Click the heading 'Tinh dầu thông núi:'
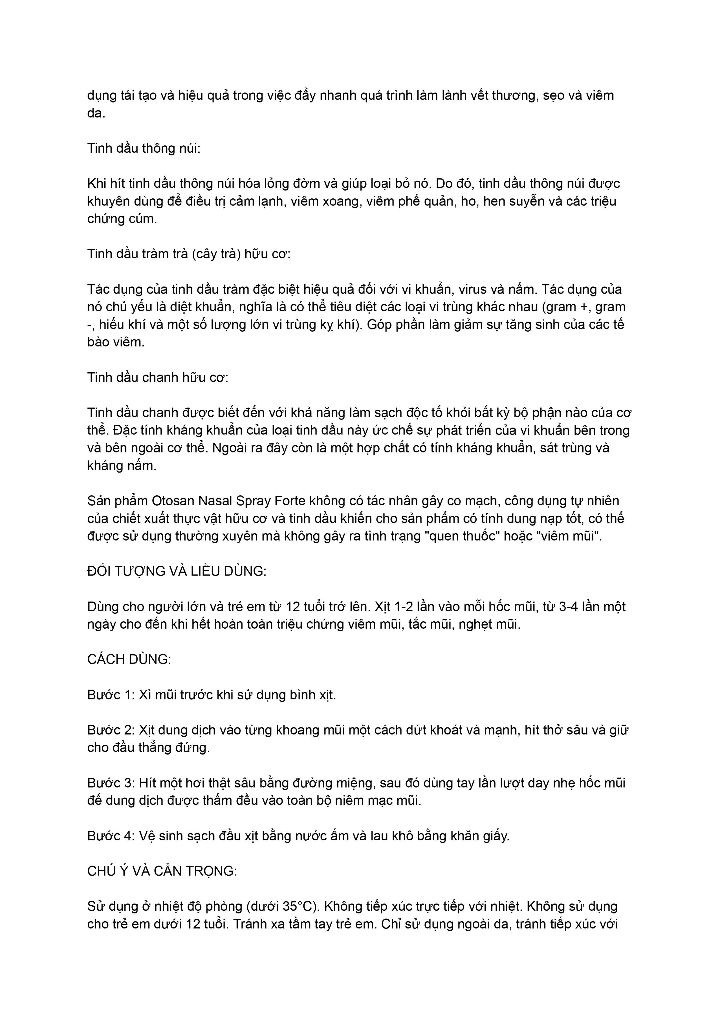click(x=144, y=148)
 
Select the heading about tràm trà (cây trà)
click(x=188, y=254)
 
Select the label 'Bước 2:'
click(x=111, y=730)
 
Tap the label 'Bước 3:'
click(x=111, y=783)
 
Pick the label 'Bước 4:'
click(x=111, y=836)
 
